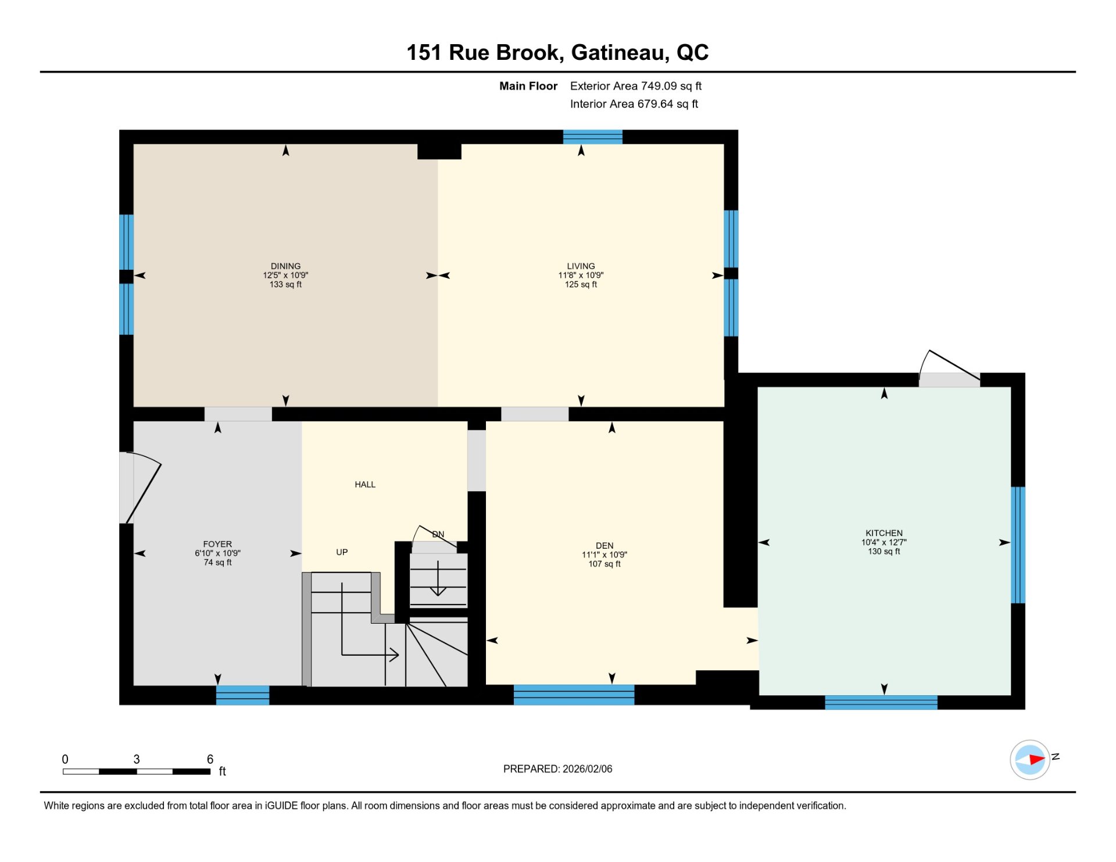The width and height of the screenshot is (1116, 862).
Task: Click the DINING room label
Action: tap(285, 266)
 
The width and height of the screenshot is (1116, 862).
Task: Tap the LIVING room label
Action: tap(581, 266)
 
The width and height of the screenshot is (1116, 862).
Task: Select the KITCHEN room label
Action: tap(884, 533)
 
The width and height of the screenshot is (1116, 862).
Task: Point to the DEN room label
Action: tap(604, 546)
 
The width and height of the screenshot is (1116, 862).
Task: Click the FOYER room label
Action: tap(217, 544)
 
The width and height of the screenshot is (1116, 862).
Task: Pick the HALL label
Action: tap(365, 484)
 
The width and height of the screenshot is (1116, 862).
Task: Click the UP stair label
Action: tap(342, 552)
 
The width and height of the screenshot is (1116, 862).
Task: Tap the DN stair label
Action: tap(438, 534)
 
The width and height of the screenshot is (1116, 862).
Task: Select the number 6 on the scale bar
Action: tap(210, 759)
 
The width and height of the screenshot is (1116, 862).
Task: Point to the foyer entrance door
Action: tap(143, 487)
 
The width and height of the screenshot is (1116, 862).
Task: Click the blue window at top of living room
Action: tap(592, 137)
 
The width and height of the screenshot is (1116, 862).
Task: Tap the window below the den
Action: tap(574, 695)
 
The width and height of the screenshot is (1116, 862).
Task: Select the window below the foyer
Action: tap(242, 695)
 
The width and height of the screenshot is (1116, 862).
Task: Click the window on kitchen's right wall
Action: tap(1018, 545)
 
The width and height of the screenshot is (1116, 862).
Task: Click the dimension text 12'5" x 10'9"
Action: tap(285, 276)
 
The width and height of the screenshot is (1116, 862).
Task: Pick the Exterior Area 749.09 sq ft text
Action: tap(635, 86)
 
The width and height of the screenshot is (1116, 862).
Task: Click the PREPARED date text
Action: tap(557, 769)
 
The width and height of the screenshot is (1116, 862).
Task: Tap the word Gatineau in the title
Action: tap(618, 53)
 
